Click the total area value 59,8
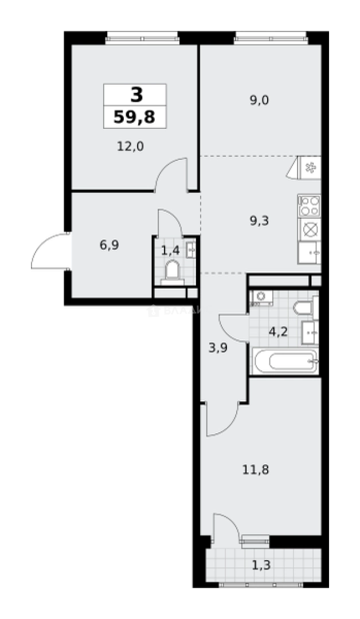[x=135, y=117]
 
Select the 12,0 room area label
[x=130, y=146]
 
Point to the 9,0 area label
[x=259, y=100]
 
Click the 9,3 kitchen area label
[x=259, y=220]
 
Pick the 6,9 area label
[x=109, y=245]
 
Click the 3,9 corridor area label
[x=218, y=347]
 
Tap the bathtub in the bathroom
[x=284, y=361]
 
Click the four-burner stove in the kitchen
[x=310, y=205]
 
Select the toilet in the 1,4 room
[x=172, y=271]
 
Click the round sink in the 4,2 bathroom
[x=261, y=296]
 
